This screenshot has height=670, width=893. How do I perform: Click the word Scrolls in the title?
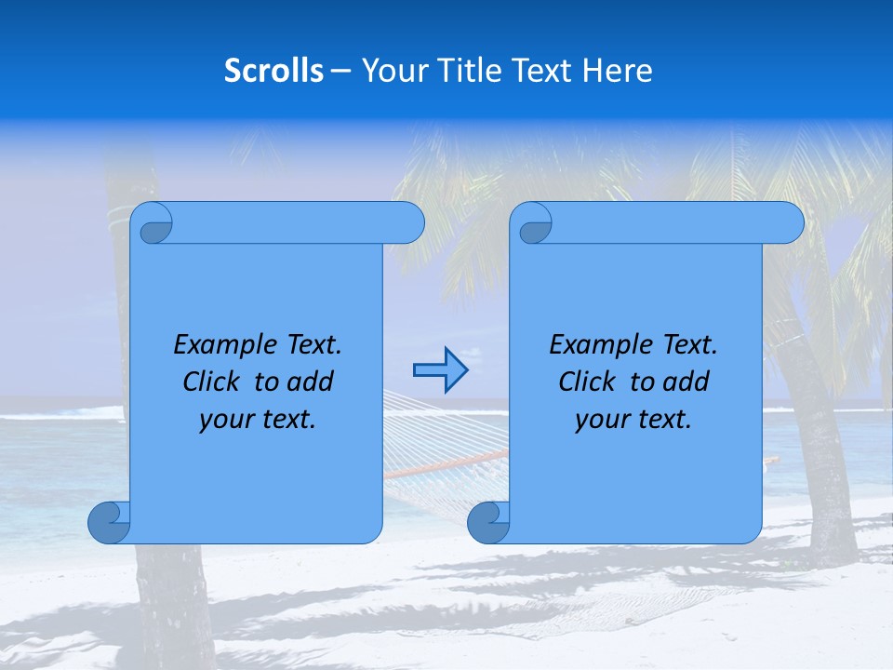(x=273, y=71)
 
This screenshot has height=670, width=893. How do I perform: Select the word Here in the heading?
(x=617, y=71)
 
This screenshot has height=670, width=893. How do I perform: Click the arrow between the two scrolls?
(x=440, y=370)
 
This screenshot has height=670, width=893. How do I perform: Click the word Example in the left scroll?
(x=218, y=345)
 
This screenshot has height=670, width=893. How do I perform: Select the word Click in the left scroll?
(x=205, y=382)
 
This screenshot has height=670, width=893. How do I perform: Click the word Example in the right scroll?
(x=593, y=345)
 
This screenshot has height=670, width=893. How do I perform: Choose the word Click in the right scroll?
(x=580, y=382)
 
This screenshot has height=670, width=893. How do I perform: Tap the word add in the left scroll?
(x=311, y=382)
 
